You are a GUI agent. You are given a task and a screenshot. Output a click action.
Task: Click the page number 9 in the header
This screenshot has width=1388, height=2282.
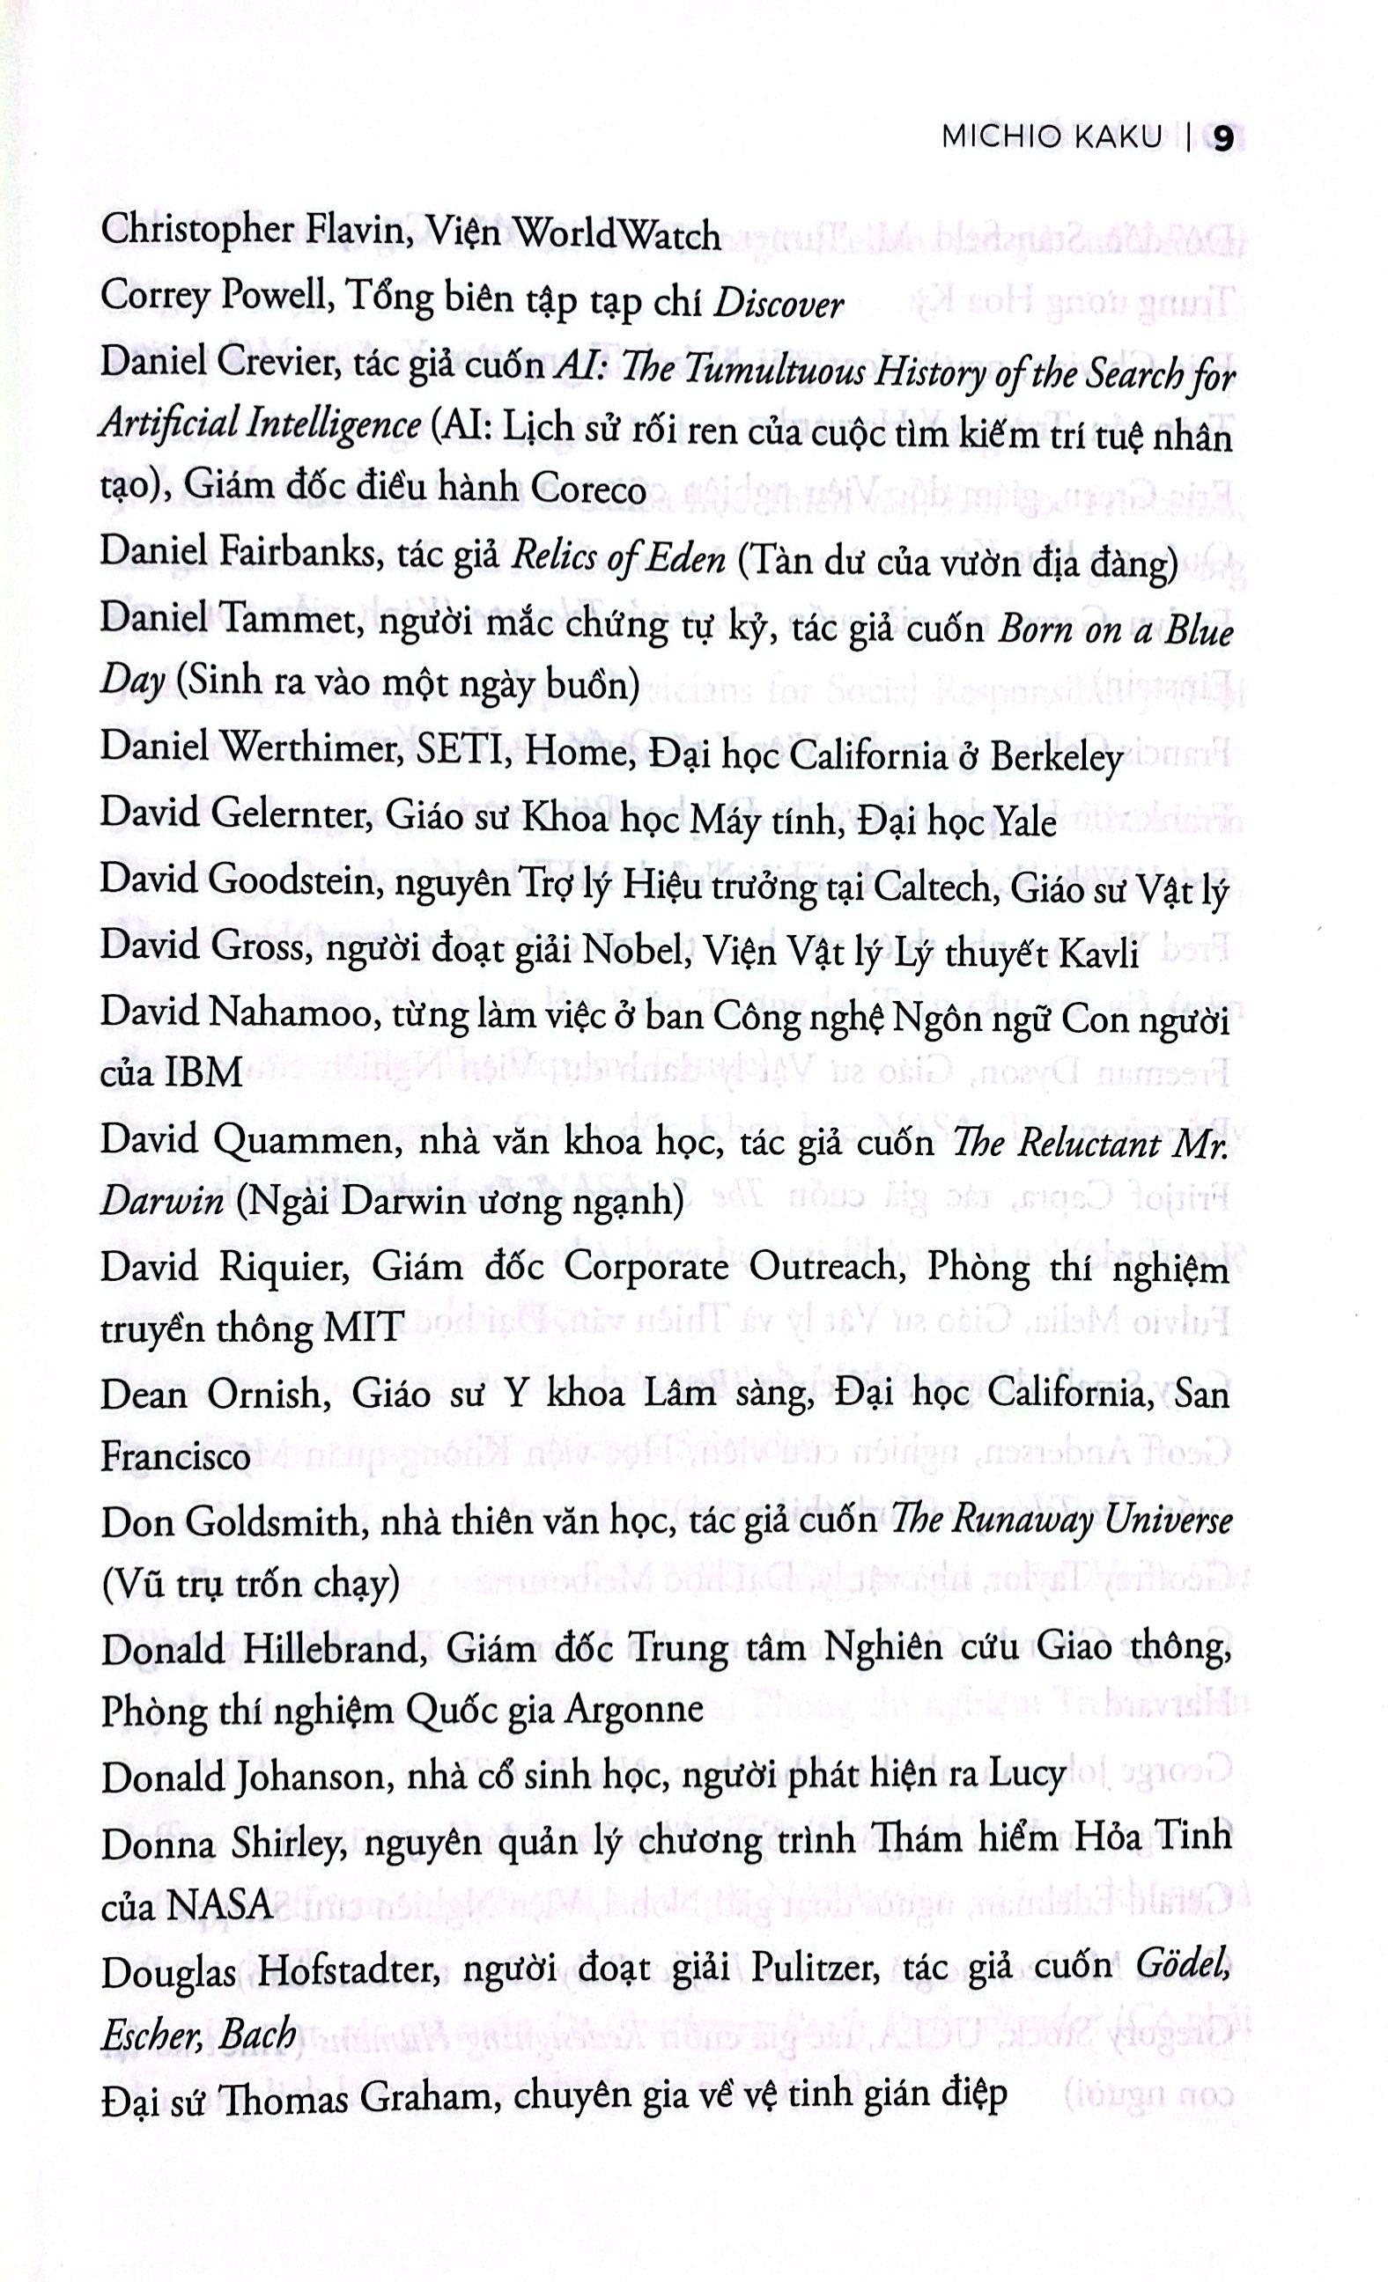click(x=1223, y=139)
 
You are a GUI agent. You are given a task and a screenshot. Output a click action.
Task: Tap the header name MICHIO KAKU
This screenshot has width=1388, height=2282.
click(x=1051, y=139)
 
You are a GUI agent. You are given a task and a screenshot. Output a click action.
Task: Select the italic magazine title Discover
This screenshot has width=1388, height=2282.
click(x=779, y=304)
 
